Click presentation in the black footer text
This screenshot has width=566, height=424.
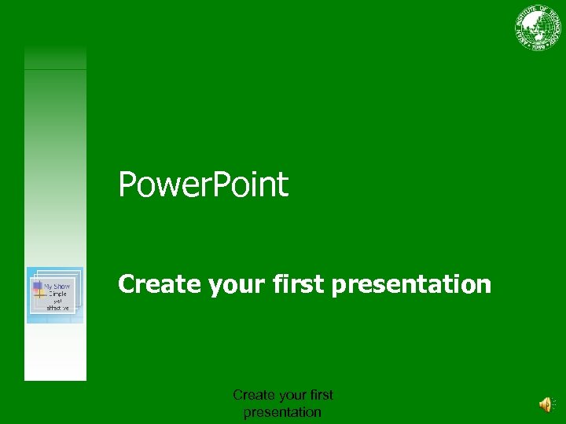282,412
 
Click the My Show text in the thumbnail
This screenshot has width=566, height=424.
57,287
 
